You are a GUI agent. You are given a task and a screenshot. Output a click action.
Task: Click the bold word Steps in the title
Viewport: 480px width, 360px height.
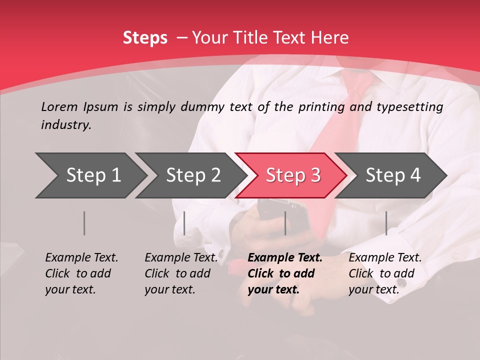[145, 38]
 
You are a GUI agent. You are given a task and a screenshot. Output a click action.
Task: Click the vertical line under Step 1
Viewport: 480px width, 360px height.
[84, 223]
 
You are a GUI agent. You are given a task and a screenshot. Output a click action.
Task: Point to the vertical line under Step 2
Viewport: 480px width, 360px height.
[184, 223]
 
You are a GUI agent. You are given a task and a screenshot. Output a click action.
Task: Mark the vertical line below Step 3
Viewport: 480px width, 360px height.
[285, 223]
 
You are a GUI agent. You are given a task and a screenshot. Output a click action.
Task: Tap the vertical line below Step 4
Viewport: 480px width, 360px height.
[386, 223]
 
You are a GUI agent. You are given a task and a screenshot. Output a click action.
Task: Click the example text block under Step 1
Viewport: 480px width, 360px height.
[81, 273]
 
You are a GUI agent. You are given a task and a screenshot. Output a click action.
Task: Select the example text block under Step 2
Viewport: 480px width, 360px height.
[181, 273]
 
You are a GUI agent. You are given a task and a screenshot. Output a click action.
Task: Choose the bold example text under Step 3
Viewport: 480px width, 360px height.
[285, 273]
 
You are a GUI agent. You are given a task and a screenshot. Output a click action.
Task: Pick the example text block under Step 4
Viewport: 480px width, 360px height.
[385, 273]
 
